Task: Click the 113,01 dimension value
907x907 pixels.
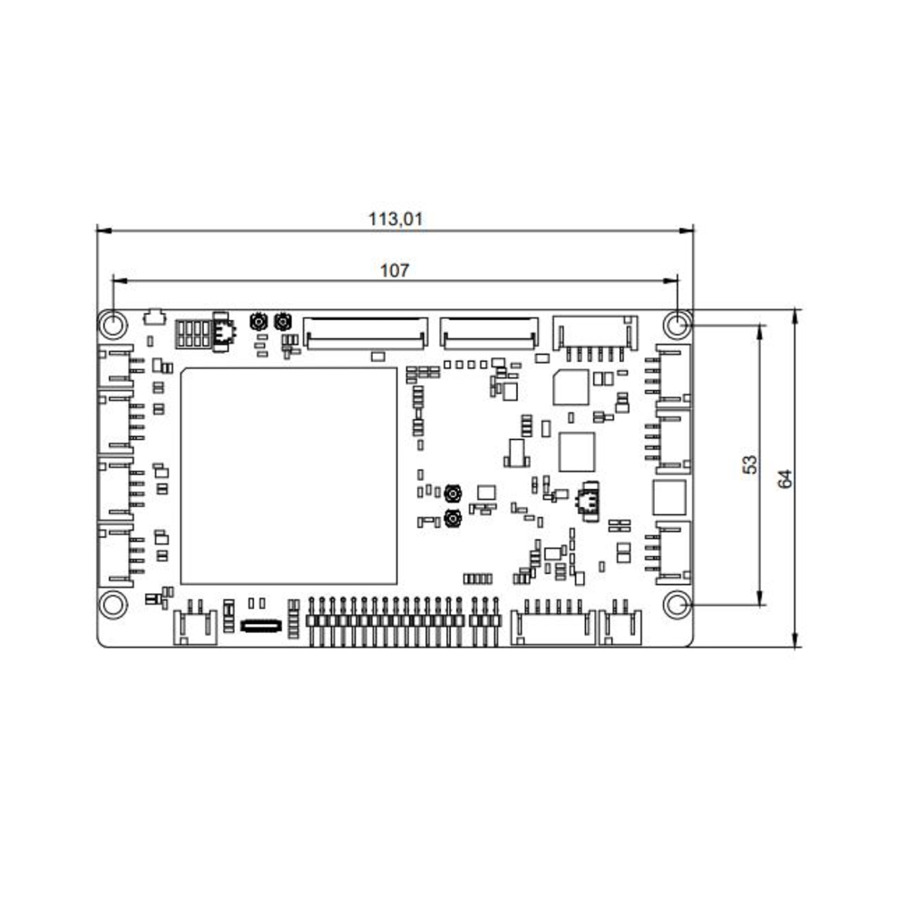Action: click(395, 219)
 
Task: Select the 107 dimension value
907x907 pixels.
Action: click(395, 270)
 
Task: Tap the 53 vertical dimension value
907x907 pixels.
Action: click(750, 464)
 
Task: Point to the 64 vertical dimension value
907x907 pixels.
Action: click(785, 479)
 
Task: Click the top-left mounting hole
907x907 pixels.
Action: click(113, 325)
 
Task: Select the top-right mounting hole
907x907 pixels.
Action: click(677, 325)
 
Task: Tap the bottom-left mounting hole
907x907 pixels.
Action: click(113, 605)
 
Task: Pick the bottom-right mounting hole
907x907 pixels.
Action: click(677, 605)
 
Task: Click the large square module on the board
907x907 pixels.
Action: click(288, 476)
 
